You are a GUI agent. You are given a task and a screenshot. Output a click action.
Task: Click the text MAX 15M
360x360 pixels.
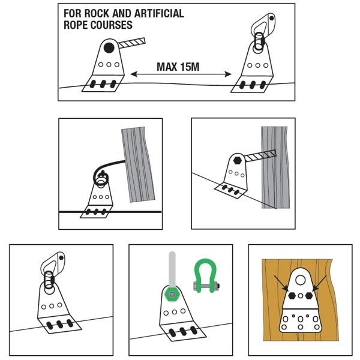[x=178, y=67]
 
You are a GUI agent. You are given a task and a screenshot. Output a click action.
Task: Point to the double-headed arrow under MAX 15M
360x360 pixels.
[x=181, y=74]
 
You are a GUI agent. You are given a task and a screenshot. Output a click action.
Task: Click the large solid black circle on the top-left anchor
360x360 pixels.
[x=109, y=48]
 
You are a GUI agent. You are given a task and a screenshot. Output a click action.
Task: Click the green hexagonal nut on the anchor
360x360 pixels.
[x=172, y=294]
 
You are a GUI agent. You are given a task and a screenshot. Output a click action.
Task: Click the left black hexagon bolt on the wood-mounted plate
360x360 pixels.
[x=292, y=296]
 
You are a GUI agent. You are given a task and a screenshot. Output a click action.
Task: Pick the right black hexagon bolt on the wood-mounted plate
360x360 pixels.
[x=309, y=296]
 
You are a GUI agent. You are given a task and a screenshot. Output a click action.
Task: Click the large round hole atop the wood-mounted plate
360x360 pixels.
[x=300, y=280]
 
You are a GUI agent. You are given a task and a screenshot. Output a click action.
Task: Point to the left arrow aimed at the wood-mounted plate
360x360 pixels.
[x=281, y=283]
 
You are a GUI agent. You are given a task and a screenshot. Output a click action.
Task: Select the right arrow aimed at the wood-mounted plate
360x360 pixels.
[x=320, y=283]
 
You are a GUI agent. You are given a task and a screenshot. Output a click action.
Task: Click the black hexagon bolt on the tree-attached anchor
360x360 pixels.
[x=237, y=160]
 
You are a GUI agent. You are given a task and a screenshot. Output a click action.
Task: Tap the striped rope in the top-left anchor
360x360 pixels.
[x=132, y=43]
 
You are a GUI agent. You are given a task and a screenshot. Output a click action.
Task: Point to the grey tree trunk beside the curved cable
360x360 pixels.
[x=138, y=164]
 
